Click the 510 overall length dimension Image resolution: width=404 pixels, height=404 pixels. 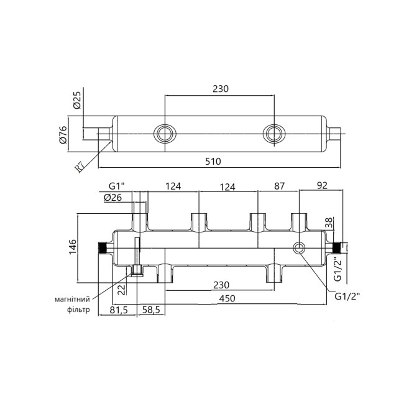[213, 162]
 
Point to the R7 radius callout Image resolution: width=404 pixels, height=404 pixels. [80, 166]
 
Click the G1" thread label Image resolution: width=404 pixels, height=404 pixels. [117, 186]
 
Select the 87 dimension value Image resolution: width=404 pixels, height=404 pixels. [279, 186]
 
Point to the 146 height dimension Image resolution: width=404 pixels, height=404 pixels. [72, 246]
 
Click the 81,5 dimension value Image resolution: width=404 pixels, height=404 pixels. [119, 310]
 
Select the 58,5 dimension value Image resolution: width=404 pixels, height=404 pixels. [151, 310]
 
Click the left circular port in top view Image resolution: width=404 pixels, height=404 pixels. [165, 133]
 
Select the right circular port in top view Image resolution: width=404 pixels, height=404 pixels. [272, 133]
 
